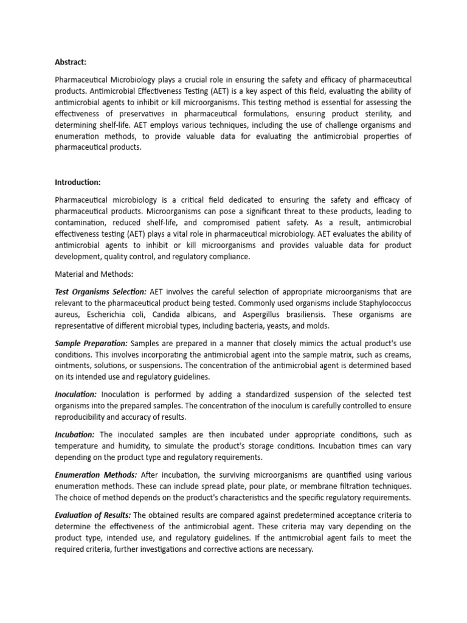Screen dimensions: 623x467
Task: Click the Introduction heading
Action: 78,182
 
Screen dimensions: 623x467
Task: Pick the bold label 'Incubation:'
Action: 74,434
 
